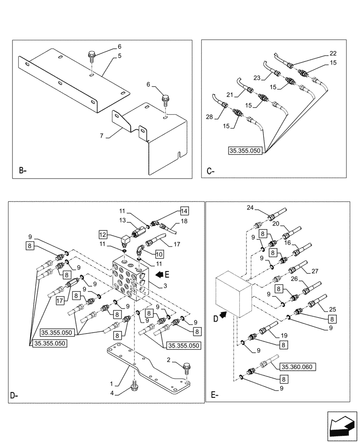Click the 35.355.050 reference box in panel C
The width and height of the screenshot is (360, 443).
246,151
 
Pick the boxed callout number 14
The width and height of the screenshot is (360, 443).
184,211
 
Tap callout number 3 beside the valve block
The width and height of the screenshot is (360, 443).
164,287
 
